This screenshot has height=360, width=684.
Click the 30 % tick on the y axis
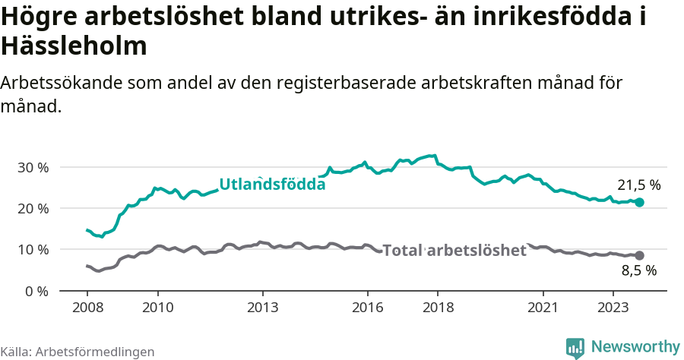[x=33, y=167]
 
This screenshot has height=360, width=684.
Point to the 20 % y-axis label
[x=33, y=208]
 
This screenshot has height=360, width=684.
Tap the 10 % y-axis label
[x=33, y=250]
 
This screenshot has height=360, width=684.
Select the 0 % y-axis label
[x=36, y=291]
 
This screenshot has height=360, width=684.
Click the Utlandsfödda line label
[x=272, y=184]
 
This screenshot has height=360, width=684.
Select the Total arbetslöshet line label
[x=454, y=250]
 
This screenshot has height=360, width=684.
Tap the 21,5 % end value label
[x=638, y=185]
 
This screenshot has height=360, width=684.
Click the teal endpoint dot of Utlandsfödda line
[x=639, y=203]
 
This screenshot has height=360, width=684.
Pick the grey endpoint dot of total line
[x=639, y=256]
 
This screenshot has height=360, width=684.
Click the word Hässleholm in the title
[x=74, y=47]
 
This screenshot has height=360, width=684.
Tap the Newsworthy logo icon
[x=575, y=348]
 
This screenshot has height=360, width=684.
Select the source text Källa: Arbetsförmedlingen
[x=78, y=352]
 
